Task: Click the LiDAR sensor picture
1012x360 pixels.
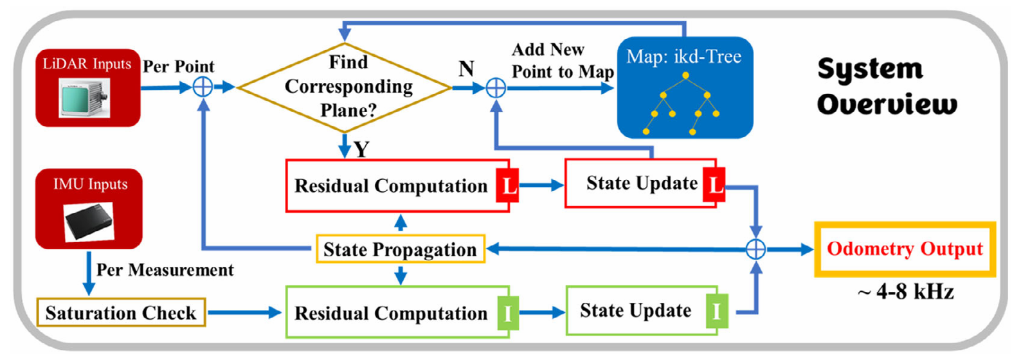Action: [x=84, y=98]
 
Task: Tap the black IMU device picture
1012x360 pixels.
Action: [x=89, y=222]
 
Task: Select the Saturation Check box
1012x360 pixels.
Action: [x=121, y=312]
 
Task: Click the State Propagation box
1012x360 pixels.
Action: [x=401, y=249]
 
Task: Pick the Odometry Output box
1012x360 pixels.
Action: [x=905, y=249]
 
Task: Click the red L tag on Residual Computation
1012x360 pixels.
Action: [x=508, y=186]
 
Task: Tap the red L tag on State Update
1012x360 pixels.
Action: [x=714, y=184]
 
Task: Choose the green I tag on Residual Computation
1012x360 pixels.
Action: [x=508, y=312]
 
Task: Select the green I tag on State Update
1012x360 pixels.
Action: [x=717, y=311]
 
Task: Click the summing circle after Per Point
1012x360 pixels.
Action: [x=203, y=87]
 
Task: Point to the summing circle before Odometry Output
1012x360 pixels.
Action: [x=755, y=249]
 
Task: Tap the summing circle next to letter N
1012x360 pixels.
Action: [x=496, y=88]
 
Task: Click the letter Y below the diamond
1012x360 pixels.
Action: [x=362, y=149]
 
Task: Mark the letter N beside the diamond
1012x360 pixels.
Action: [x=466, y=69]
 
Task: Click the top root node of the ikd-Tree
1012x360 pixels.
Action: [x=685, y=75]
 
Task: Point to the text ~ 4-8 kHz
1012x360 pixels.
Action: [x=905, y=291]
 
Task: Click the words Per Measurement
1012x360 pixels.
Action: [x=165, y=269]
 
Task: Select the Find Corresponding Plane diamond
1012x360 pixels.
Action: [x=344, y=87]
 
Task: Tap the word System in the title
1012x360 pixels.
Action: [x=870, y=70]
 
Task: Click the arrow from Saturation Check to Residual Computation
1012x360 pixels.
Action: [x=244, y=312]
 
